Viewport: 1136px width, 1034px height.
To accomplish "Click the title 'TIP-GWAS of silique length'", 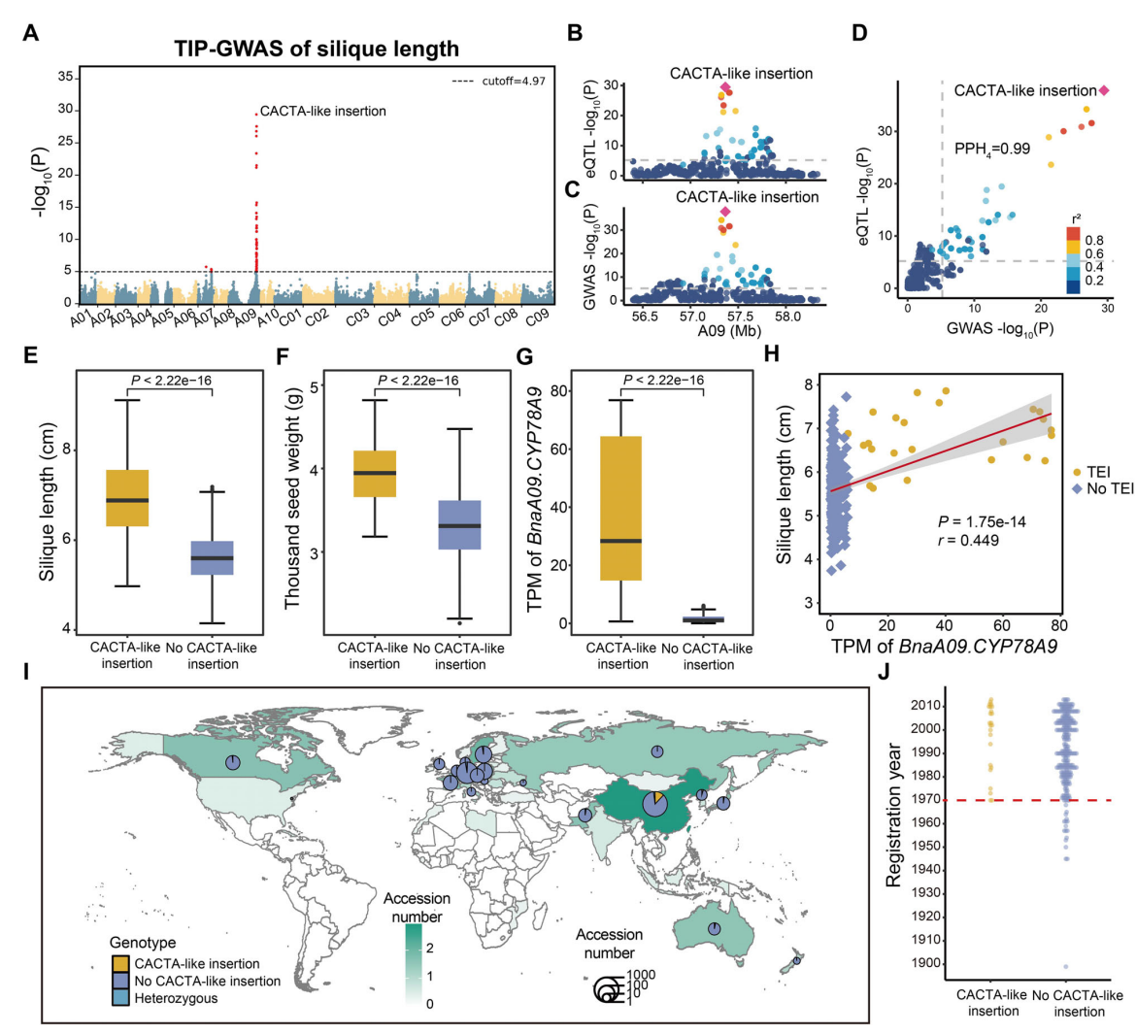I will point(317,49).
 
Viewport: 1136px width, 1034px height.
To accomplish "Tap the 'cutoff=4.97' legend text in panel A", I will point(513,82).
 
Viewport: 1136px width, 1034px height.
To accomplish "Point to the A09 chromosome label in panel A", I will point(245,317).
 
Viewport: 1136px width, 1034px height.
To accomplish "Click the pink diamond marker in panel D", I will point(1104,90).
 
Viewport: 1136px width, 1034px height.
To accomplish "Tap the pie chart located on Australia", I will point(715,929).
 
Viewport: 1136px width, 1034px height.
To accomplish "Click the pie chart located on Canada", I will point(233,763).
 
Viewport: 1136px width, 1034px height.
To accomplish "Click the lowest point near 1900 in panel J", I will point(1066,966).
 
